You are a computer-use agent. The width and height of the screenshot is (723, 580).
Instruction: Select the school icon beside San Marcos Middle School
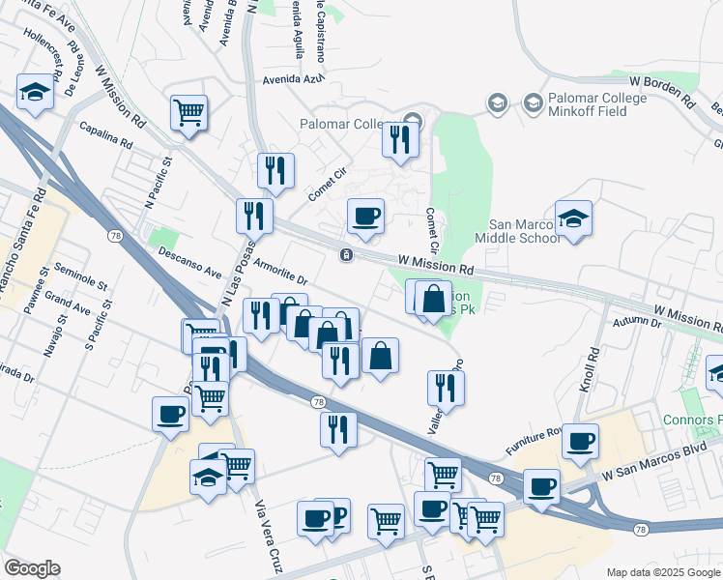tap(573, 219)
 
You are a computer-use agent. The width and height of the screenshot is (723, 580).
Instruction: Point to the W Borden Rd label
tap(662, 92)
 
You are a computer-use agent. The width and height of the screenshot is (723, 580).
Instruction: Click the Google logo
tap(32, 568)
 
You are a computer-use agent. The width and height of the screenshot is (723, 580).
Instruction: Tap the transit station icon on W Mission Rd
tap(345, 255)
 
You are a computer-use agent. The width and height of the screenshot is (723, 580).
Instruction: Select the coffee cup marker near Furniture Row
tap(580, 441)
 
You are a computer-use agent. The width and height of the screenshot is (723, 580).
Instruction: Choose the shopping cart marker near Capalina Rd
tap(189, 112)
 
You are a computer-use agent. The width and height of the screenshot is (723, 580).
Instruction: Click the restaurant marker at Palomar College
tap(398, 139)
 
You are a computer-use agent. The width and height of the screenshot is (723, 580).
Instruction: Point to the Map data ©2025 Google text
tap(663, 572)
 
